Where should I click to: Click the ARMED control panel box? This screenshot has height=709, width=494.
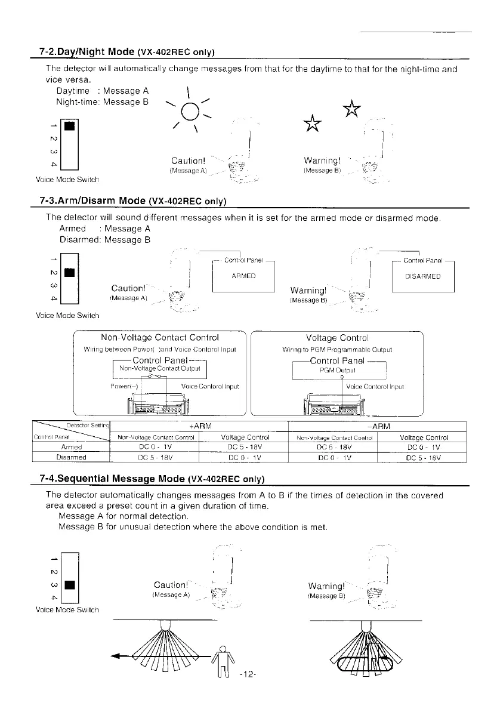(243, 276)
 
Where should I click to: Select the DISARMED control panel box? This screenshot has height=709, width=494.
(422, 276)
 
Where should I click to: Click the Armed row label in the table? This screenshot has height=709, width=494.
(71, 446)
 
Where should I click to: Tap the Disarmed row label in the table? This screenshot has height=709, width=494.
(71, 457)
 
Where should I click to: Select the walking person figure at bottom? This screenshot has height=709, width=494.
(223, 662)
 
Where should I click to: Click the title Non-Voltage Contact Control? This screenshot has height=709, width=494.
(159, 338)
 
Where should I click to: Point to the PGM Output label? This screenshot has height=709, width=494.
(339, 369)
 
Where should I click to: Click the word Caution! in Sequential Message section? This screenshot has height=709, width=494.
(172, 584)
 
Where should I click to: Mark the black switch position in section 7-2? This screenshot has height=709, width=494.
(70, 127)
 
